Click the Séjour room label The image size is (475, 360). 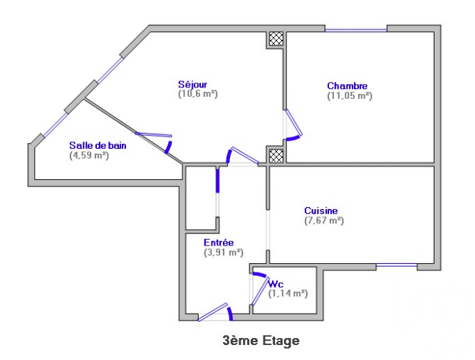coord(197,84)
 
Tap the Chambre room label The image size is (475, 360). coord(347,86)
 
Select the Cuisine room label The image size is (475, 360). coord(320,211)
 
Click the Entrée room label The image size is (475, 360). coord(219,243)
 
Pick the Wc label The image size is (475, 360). coord(276,284)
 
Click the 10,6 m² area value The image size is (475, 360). coord(197,93)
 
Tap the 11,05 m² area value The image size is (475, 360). coord(349,95)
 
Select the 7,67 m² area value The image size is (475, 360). coord(324,221)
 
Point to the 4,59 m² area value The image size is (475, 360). coord(89,154)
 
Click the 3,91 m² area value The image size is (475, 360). coord(224,252)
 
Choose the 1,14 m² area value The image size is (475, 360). coord(288,292)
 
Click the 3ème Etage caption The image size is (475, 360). coord(261,341)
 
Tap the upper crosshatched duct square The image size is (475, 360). coord(276,39)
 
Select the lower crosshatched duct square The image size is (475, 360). coord(276,154)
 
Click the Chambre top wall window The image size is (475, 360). coord(356,30)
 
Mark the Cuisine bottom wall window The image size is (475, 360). coord(397,266)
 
